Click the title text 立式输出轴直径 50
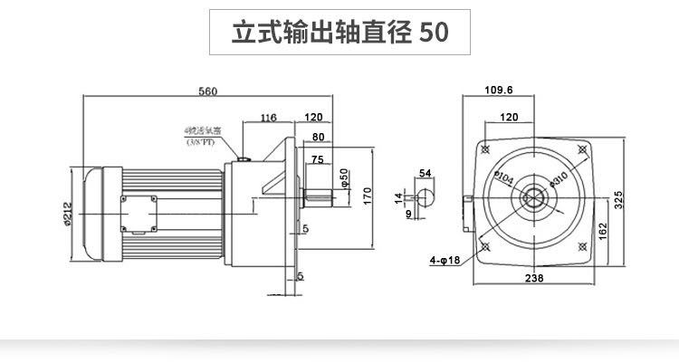click(339, 33)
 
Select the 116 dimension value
click(268, 118)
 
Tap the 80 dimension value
click(318, 138)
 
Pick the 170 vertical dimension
click(368, 195)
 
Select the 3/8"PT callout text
click(200, 143)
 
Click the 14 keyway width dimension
click(397, 196)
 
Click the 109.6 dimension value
click(498, 91)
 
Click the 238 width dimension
click(533, 279)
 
